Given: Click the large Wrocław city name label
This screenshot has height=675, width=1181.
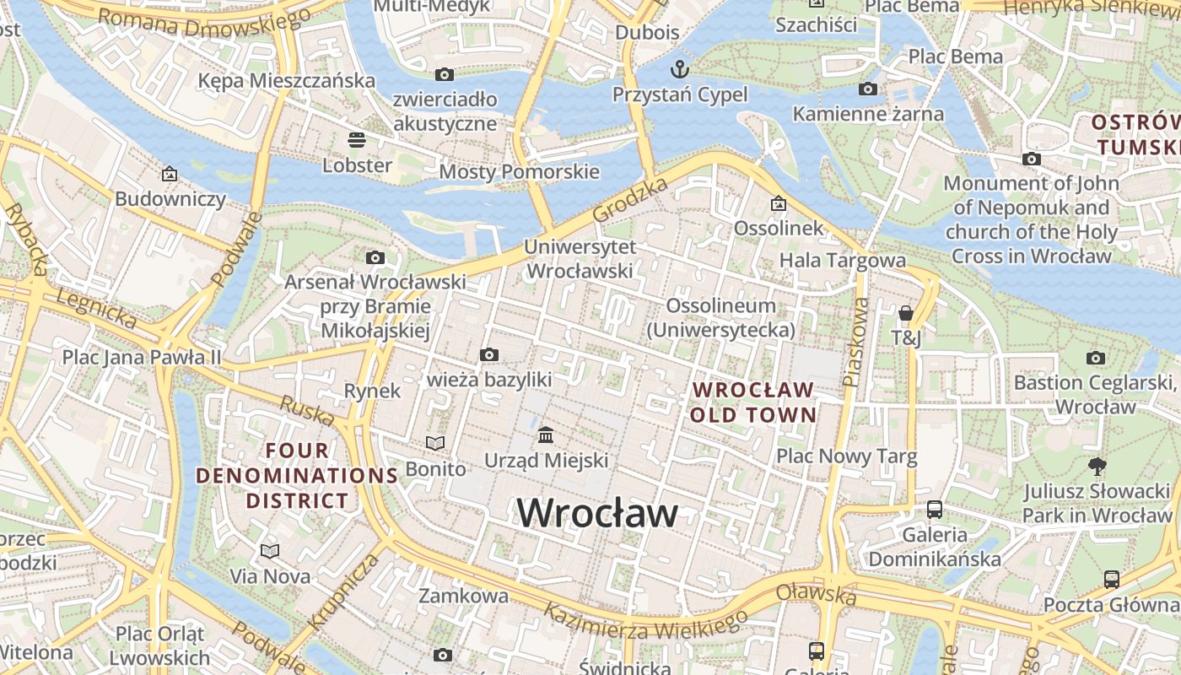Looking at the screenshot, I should click(x=596, y=513).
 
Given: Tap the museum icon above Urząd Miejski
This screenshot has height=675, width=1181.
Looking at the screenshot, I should click(x=546, y=435).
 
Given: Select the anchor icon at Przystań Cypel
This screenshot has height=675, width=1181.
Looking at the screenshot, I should click(x=679, y=68).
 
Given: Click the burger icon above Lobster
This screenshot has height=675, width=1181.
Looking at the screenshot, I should click(x=357, y=139).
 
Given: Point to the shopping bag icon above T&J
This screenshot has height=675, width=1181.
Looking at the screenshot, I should click(x=906, y=314).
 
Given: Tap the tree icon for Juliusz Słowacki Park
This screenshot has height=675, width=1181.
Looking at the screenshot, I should click(x=1097, y=466).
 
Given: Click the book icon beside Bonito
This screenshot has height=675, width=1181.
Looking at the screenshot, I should click(x=435, y=443).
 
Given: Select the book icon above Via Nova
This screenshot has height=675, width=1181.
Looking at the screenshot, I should click(x=270, y=551).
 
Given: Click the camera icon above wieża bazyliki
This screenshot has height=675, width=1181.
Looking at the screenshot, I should click(x=488, y=354).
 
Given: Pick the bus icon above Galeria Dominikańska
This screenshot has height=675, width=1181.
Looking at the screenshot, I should click(x=935, y=509).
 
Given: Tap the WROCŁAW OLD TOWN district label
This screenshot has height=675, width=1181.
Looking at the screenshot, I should click(x=753, y=402).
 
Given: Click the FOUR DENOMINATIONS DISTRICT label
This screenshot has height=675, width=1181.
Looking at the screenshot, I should click(x=297, y=475).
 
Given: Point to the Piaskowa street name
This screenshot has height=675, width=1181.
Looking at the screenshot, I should click(x=856, y=341).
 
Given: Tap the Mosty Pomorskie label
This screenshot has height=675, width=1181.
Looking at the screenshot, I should click(x=519, y=172).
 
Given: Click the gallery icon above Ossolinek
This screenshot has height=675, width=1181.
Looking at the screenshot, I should click(x=778, y=203).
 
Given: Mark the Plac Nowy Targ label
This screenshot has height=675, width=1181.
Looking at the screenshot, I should click(x=846, y=456).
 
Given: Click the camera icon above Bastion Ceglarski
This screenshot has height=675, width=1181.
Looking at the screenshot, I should click(x=1096, y=358).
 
